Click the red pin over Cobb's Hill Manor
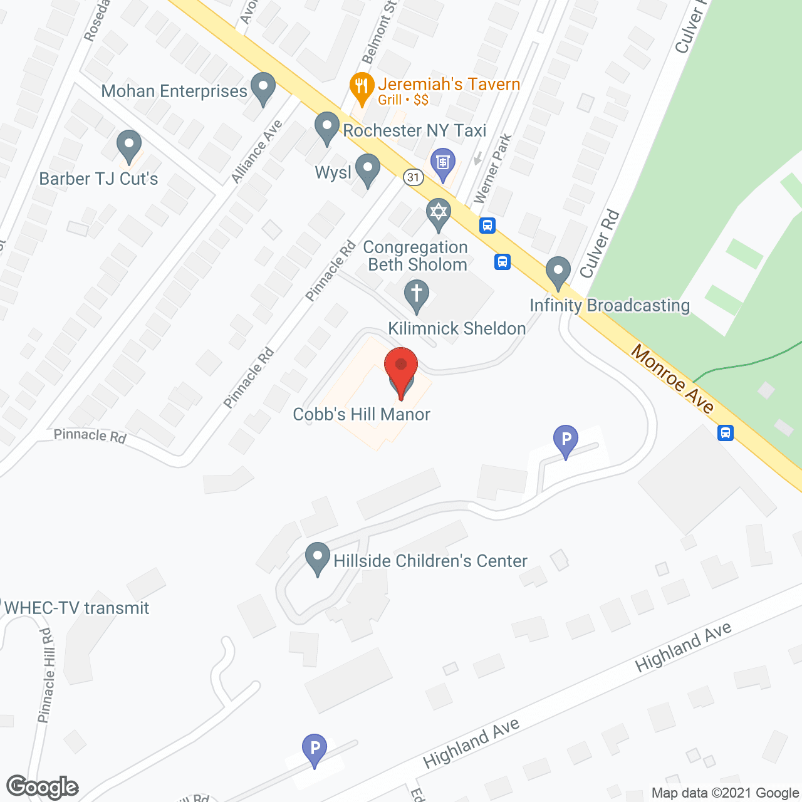[x=401, y=367]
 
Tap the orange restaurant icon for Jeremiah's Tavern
[x=362, y=87]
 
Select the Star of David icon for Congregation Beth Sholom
[x=439, y=212]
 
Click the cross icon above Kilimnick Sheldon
[x=417, y=294]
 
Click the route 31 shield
[x=413, y=177]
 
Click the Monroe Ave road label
[x=672, y=379]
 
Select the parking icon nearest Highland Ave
[x=315, y=748]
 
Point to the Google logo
[x=43, y=787]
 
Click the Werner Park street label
[x=493, y=169]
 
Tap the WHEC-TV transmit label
[x=76, y=608]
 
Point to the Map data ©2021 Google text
[x=725, y=793]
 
